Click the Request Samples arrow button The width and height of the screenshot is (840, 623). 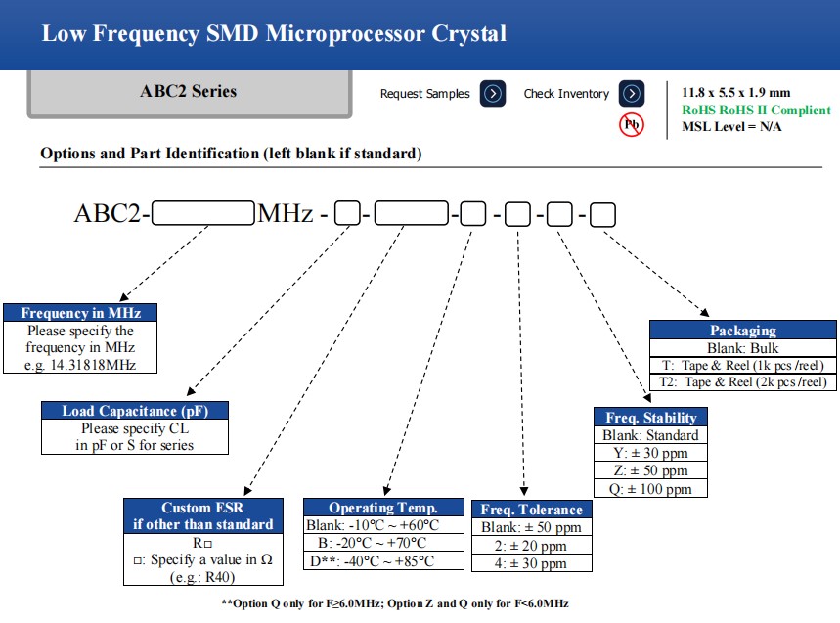(x=494, y=94)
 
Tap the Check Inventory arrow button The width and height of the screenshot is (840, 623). (x=633, y=94)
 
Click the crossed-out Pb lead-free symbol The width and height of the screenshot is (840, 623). (x=632, y=125)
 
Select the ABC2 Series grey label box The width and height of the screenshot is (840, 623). (x=189, y=92)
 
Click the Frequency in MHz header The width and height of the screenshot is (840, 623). (x=80, y=313)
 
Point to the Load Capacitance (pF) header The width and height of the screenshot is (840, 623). (x=135, y=411)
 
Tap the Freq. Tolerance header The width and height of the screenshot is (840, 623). (x=532, y=510)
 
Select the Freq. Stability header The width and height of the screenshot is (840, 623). (x=650, y=418)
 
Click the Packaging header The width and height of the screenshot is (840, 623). (x=743, y=331)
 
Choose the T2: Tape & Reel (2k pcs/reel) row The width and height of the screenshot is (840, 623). (x=743, y=382)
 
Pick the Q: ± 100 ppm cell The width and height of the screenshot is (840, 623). (x=650, y=489)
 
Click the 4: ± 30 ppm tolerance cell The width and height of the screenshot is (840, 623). (x=532, y=563)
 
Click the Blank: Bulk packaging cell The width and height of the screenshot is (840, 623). (x=743, y=348)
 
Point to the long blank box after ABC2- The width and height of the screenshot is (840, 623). (x=203, y=213)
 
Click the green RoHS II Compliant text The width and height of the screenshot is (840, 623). (x=756, y=111)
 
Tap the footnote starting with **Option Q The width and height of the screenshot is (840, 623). (x=395, y=603)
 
